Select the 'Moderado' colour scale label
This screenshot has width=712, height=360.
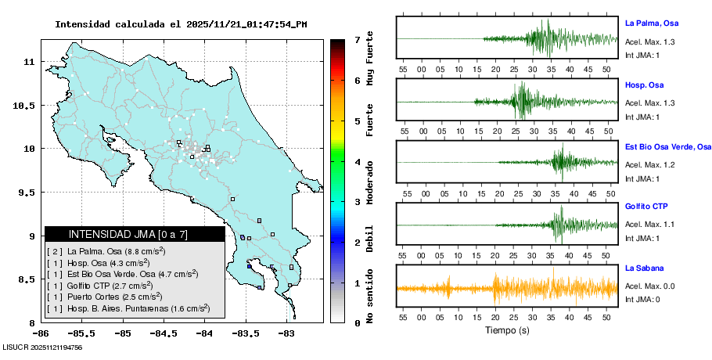(x=369, y=183)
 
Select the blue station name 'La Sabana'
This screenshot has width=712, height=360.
(x=645, y=268)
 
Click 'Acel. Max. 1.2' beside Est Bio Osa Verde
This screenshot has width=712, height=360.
(x=650, y=165)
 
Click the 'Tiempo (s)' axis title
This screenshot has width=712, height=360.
(x=506, y=330)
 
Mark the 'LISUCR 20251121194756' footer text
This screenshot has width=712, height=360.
(x=43, y=347)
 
